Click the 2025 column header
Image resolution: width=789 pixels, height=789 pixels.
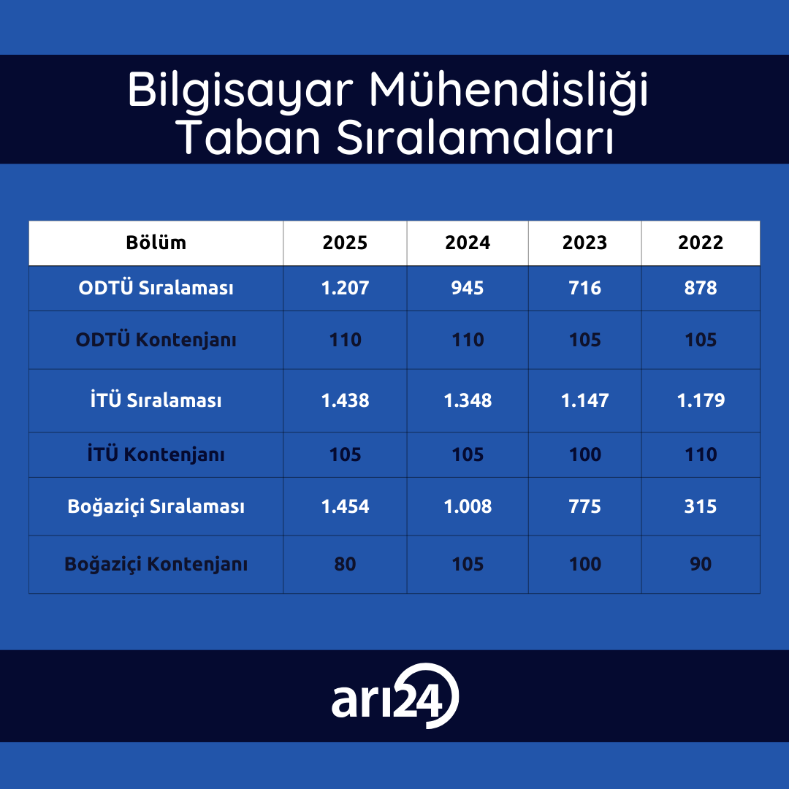pos(345,243)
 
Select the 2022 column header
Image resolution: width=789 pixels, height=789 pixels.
pos(701,243)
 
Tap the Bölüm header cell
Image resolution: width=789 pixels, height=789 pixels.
pos(156,243)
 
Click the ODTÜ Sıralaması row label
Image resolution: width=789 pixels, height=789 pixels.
pos(156,288)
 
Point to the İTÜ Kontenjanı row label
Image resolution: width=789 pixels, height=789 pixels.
pos(156,454)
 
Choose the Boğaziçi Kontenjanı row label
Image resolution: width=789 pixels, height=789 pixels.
pos(156,563)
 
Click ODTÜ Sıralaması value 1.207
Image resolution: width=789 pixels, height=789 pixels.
pos(345,288)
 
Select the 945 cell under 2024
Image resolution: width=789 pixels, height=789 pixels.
pos(468,288)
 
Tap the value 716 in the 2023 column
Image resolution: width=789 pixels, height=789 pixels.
pos(584,288)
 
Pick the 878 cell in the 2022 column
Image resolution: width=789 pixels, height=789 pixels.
pos(701,288)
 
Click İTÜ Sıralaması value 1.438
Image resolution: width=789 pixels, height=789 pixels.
pos(345,400)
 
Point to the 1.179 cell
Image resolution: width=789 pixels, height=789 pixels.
pos(701,400)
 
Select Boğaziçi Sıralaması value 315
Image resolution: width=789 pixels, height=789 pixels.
pos(701,506)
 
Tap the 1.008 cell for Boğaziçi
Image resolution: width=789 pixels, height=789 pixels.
pos(468,506)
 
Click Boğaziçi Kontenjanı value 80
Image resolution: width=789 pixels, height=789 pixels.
pos(345,563)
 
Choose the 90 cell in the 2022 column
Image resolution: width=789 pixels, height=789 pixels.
pos(701,563)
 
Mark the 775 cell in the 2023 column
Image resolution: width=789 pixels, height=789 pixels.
pos(584,506)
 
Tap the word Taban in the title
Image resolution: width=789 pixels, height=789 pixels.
pos(248,137)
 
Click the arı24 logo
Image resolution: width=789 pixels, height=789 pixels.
pos(395,696)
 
